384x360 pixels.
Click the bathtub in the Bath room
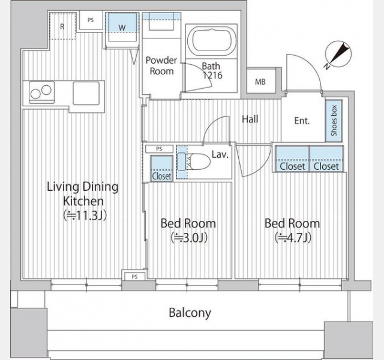[x=211, y=41]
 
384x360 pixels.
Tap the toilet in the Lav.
[x=194, y=161]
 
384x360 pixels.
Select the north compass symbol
[x=338, y=55]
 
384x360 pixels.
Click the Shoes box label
[x=334, y=121]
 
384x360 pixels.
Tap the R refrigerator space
[x=62, y=26]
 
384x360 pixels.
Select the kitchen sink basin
[x=86, y=93]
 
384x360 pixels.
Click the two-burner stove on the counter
[x=41, y=92]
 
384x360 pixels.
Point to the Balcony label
[x=190, y=313]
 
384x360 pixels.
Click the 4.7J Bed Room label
[x=292, y=230]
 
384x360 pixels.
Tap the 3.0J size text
[x=189, y=238]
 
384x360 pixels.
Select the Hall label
[x=250, y=119]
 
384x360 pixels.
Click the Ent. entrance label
[x=302, y=121]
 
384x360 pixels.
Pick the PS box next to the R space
[x=91, y=20]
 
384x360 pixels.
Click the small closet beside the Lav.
[x=161, y=169]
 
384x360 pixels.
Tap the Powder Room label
[x=161, y=65]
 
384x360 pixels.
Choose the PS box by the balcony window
[x=134, y=276]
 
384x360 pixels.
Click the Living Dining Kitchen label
[x=83, y=201]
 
